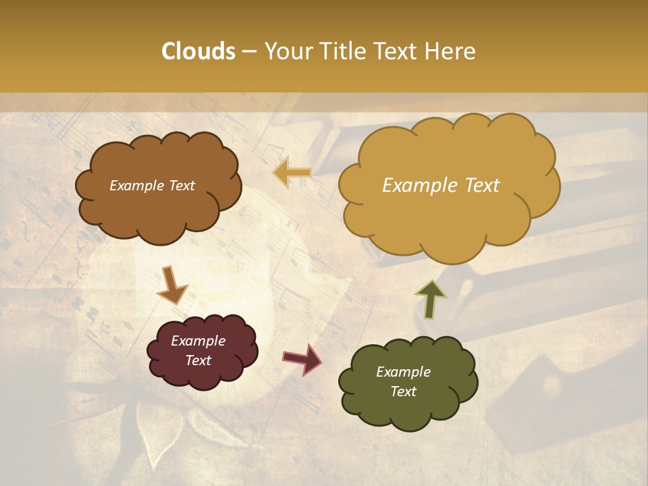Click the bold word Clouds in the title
click(x=198, y=51)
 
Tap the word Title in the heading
click(x=343, y=51)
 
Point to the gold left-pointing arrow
click(x=292, y=172)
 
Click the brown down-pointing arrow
click(x=171, y=285)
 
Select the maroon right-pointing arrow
click(x=302, y=358)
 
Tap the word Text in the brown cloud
click(x=181, y=186)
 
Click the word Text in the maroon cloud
click(x=198, y=360)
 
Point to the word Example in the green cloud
click(x=403, y=372)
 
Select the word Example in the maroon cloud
click(x=198, y=341)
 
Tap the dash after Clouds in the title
click(x=248, y=51)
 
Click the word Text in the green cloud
click(x=403, y=391)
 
